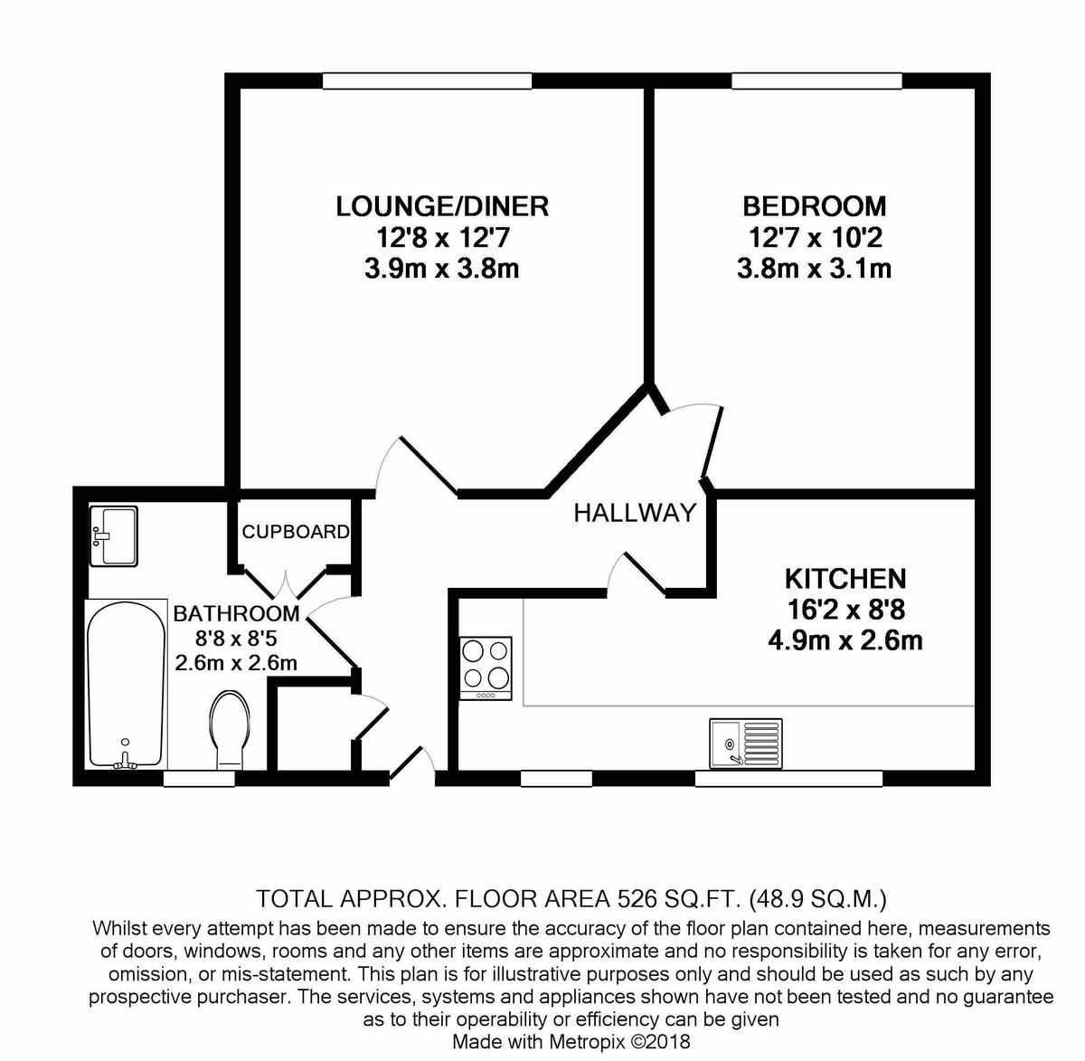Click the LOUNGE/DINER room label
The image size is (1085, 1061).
click(x=442, y=206)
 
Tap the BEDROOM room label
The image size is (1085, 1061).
click(x=814, y=206)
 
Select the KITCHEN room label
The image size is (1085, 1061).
click(x=844, y=579)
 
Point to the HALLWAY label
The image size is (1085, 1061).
click(x=635, y=514)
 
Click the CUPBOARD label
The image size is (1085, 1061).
click(x=295, y=532)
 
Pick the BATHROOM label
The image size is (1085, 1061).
click(x=236, y=614)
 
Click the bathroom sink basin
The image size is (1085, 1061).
click(x=114, y=536)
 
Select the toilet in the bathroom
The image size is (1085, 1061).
click(x=228, y=729)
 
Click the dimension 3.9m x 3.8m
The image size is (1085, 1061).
click(x=442, y=269)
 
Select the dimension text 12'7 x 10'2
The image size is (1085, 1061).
click(x=814, y=238)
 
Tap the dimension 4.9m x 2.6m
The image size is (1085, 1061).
click(x=844, y=641)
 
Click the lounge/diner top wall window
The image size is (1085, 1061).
click(x=427, y=81)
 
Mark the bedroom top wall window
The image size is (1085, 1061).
click(x=816, y=81)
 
